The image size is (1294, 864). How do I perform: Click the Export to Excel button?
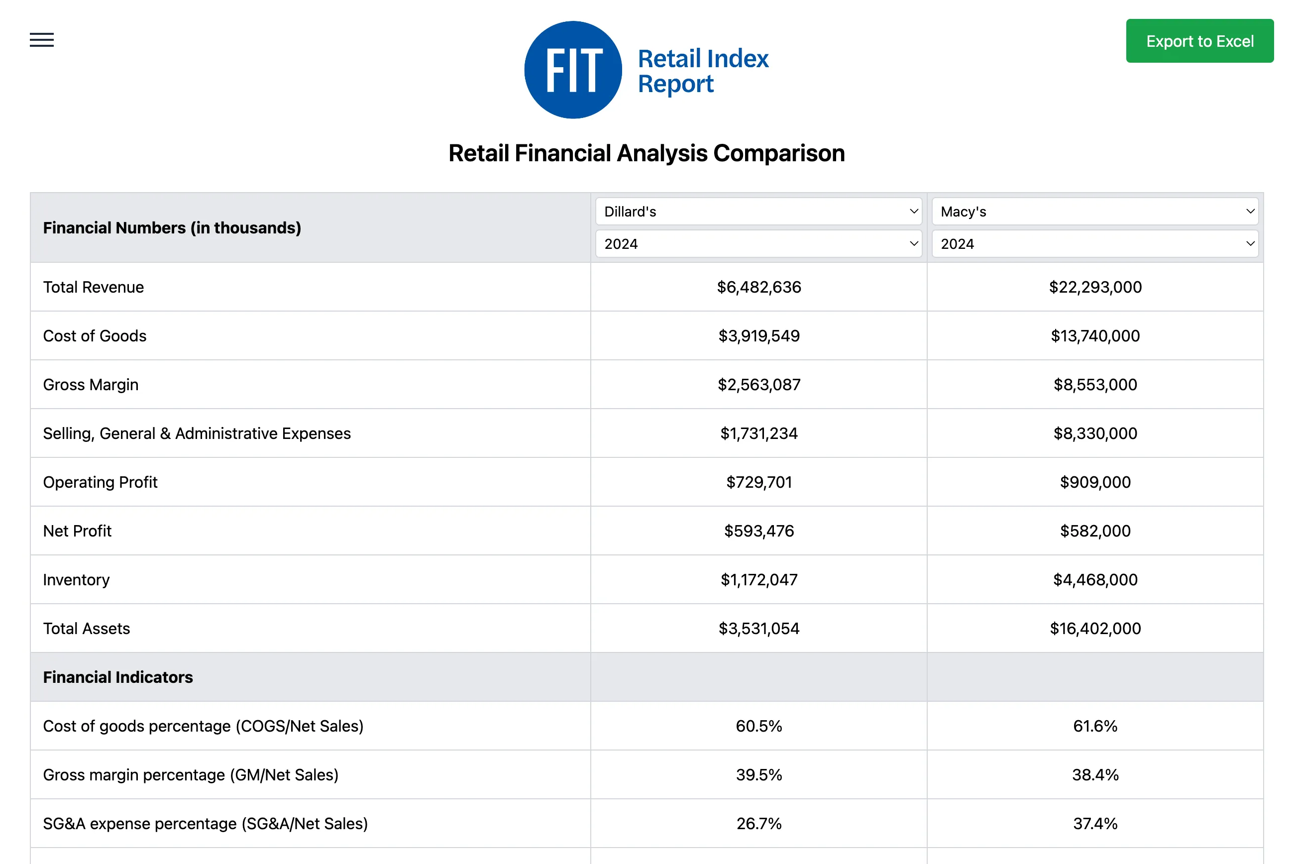click(1199, 41)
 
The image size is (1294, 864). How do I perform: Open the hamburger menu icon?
click(42, 40)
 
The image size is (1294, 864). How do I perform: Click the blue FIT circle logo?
click(572, 70)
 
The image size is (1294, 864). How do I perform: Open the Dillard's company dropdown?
click(758, 212)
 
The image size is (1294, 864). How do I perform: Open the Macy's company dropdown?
click(1094, 212)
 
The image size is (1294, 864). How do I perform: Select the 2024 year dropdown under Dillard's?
click(758, 243)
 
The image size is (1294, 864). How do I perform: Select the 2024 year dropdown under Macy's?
click(1094, 243)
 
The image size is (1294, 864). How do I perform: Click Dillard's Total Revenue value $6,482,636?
click(758, 287)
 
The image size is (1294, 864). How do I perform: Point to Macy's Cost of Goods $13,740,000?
click(1094, 336)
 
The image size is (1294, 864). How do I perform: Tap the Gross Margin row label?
click(91, 385)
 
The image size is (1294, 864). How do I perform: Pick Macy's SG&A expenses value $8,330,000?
click(1094, 433)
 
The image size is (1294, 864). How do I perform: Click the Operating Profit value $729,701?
click(758, 482)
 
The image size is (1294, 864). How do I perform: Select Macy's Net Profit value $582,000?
click(1094, 531)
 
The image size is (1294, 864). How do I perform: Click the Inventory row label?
click(77, 580)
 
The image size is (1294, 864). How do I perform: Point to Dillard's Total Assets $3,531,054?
click(758, 629)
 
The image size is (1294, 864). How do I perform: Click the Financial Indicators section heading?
click(118, 677)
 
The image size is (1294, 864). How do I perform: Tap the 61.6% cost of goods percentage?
click(1094, 726)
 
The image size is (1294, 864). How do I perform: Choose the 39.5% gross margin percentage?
click(758, 775)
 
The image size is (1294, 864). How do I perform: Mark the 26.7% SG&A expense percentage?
click(758, 824)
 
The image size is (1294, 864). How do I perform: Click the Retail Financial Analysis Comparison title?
click(646, 153)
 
